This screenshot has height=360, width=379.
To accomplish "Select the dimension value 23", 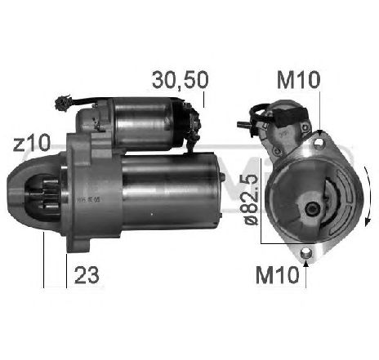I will tap(87, 276).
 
